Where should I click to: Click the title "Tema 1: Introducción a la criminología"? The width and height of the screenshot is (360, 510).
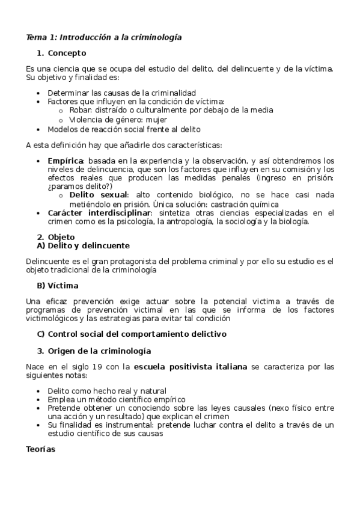104,37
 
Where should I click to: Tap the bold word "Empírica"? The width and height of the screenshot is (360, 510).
66,161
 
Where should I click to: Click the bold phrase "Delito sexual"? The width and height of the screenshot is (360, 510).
99,195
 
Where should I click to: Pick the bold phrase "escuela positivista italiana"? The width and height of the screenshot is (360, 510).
191,367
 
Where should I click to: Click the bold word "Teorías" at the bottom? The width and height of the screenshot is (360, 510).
41,449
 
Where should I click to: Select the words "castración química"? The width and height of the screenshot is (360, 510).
245,204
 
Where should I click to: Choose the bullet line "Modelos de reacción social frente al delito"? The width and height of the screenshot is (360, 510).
124,129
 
